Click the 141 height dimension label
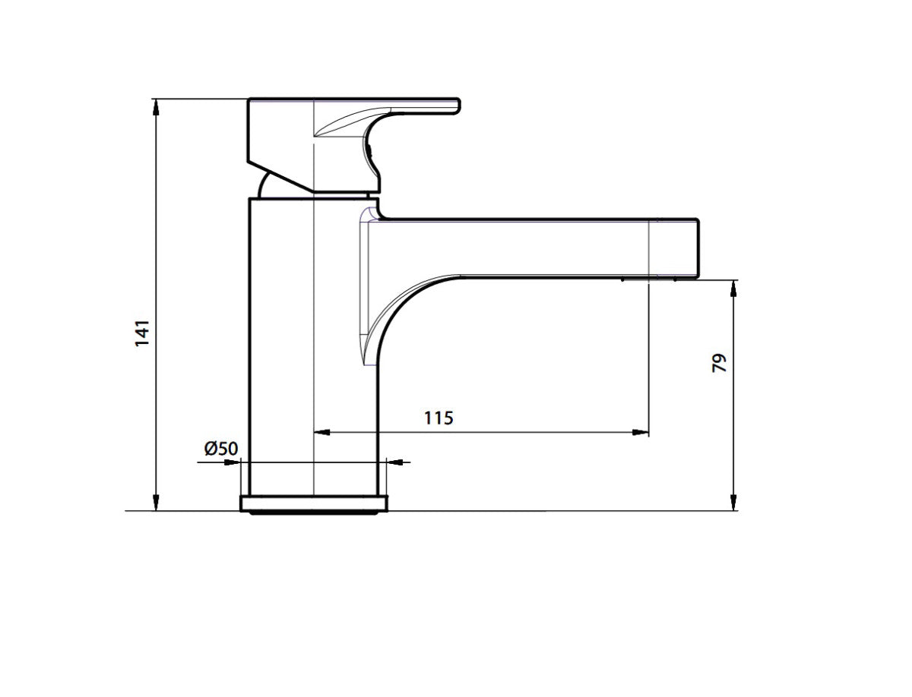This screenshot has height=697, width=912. click(x=142, y=333)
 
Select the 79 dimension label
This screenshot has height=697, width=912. click(x=719, y=362)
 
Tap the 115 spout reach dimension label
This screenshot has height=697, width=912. click(x=439, y=418)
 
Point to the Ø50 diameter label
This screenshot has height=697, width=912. click(x=220, y=448)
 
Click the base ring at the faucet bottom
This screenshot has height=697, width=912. click(x=314, y=503)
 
